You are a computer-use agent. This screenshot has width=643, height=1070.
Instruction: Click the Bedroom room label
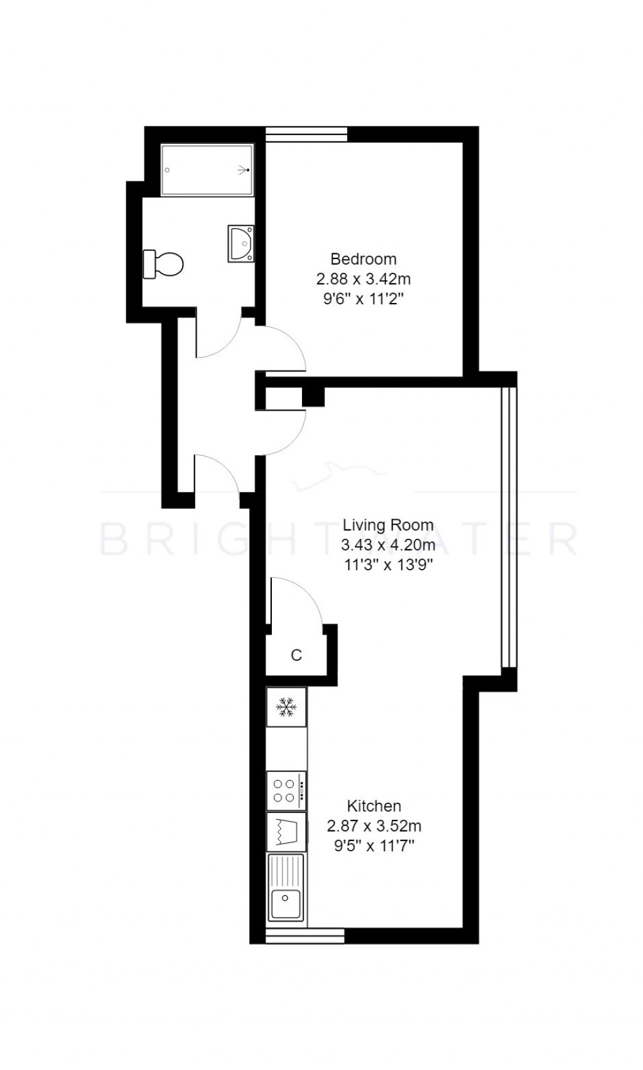(x=363, y=258)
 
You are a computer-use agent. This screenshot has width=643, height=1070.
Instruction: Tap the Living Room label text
(x=387, y=525)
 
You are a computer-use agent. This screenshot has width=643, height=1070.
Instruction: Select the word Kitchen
(x=374, y=806)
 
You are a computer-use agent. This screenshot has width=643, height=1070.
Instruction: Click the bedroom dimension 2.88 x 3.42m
(x=363, y=279)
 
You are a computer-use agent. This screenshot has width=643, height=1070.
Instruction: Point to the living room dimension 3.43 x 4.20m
(x=387, y=544)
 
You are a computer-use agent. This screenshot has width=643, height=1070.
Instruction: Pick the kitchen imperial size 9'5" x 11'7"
(x=374, y=846)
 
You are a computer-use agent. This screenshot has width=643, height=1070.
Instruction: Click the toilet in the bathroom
(x=164, y=264)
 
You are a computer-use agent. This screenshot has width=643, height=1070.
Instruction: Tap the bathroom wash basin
(x=240, y=243)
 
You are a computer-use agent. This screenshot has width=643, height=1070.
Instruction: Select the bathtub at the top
(x=207, y=170)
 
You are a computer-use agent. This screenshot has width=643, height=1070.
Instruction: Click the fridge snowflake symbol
(x=286, y=707)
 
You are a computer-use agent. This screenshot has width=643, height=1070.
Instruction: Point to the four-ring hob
(x=286, y=790)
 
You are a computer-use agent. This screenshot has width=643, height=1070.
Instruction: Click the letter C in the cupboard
(x=296, y=655)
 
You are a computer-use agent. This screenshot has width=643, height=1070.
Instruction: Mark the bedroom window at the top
(x=306, y=134)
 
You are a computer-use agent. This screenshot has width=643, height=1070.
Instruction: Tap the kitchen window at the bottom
(x=305, y=936)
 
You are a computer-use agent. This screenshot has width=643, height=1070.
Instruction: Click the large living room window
(x=509, y=527)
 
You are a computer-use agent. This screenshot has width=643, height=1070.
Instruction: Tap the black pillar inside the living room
(x=313, y=397)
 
